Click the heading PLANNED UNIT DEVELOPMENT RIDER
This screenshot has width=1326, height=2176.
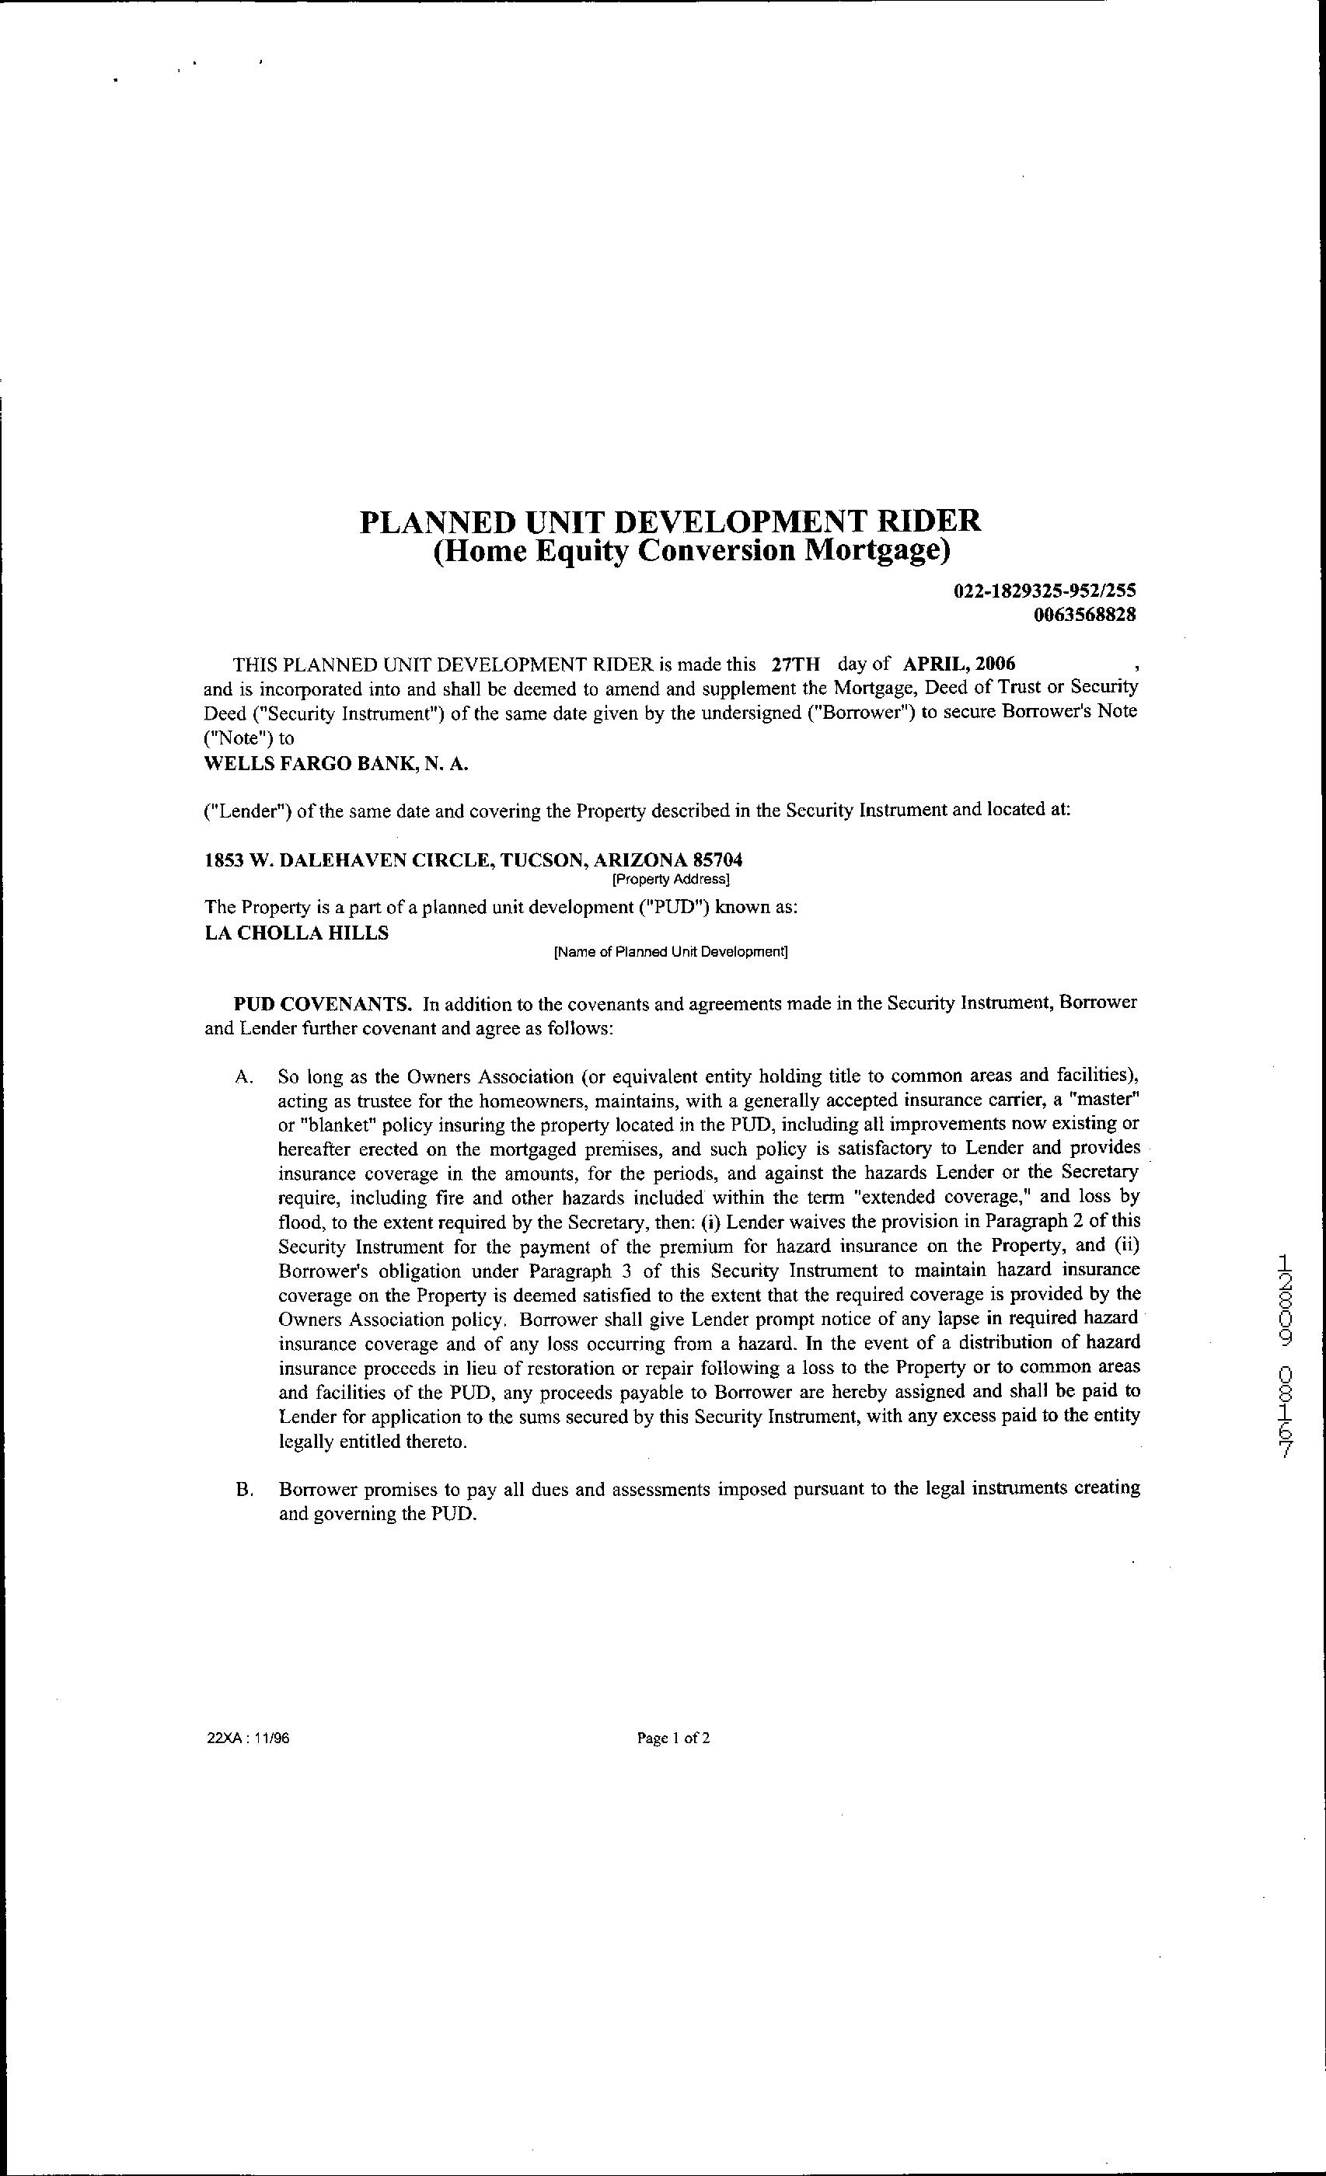670,520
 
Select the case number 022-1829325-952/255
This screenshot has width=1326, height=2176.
1044,591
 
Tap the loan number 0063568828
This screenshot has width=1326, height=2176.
1084,615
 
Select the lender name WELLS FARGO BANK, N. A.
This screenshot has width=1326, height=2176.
336,763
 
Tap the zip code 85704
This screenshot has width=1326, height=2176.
719,860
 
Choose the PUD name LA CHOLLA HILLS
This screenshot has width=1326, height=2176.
296,933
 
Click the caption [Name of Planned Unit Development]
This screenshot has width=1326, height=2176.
670,952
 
